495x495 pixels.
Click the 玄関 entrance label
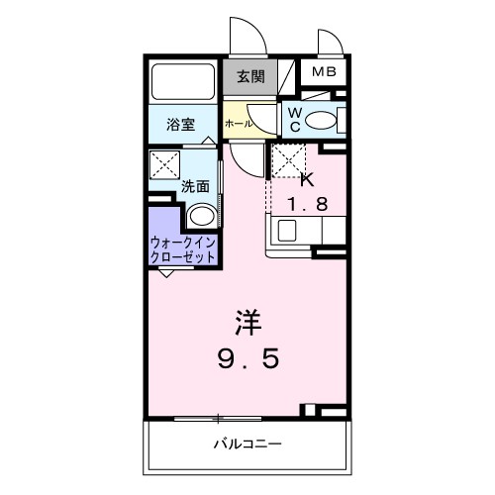click(x=249, y=75)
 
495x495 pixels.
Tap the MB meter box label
click(x=324, y=72)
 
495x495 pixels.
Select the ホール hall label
click(x=237, y=124)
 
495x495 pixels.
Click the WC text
click(x=294, y=120)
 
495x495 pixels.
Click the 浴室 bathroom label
click(x=179, y=125)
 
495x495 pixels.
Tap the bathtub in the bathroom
click(x=183, y=82)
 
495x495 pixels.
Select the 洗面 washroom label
click(x=195, y=186)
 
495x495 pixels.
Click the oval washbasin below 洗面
click(x=202, y=217)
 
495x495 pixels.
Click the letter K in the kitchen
click(x=306, y=180)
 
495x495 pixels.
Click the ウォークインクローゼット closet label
click(x=183, y=247)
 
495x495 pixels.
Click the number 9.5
click(x=248, y=358)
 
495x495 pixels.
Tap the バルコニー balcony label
click(x=247, y=443)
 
